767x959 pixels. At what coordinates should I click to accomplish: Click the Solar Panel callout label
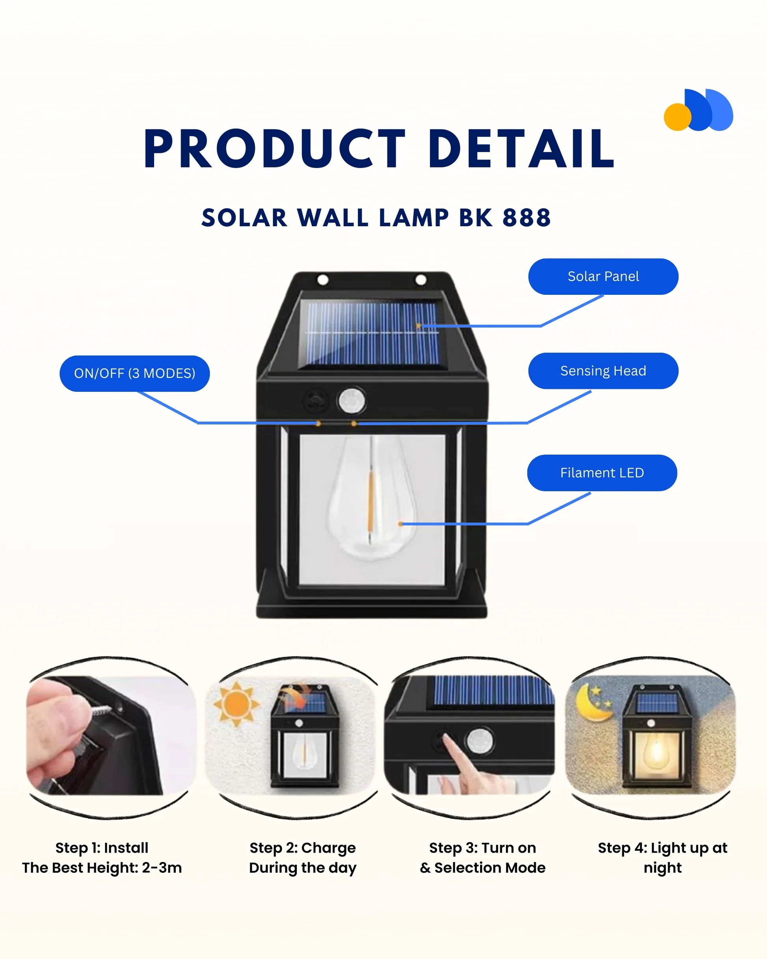click(603, 276)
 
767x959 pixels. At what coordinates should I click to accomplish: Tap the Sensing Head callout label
click(603, 371)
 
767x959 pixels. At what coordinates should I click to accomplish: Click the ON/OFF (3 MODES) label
click(134, 373)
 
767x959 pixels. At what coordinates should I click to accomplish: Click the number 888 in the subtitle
click(526, 218)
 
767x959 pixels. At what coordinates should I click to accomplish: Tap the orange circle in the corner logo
click(677, 117)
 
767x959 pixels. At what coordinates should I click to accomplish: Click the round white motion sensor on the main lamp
click(352, 400)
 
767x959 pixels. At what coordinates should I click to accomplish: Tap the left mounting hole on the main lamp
click(323, 280)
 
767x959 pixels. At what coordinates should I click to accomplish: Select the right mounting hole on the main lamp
click(421, 280)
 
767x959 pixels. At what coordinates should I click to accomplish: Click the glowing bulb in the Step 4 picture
click(657, 751)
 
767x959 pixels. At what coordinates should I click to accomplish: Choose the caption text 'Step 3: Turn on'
click(482, 848)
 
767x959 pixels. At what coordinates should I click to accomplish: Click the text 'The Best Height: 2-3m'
click(102, 868)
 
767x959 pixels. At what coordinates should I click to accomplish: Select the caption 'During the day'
click(303, 868)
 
